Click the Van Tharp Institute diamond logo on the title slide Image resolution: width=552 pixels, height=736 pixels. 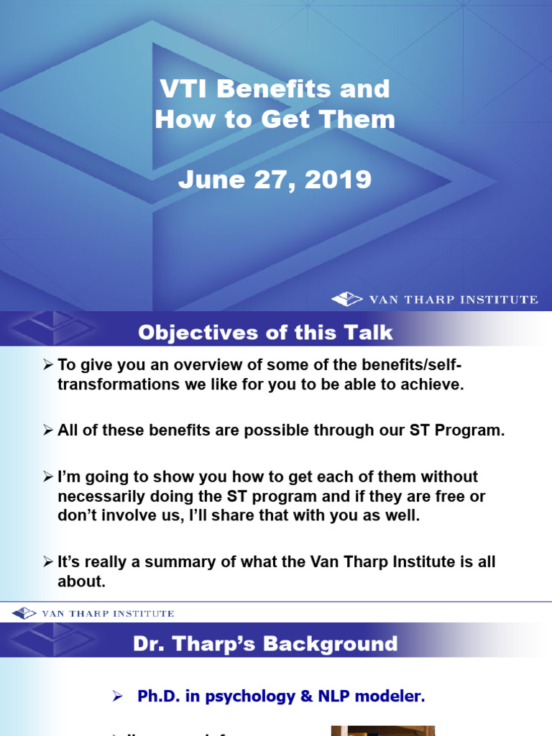pyautogui.click(x=346, y=299)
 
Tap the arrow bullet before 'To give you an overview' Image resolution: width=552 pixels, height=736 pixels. pyautogui.click(x=48, y=366)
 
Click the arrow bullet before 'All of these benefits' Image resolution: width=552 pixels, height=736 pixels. pyautogui.click(x=48, y=431)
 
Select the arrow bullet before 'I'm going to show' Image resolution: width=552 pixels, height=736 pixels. pyautogui.click(x=48, y=477)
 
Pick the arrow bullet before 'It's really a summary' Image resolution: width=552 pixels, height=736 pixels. pyautogui.click(x=48, y=563)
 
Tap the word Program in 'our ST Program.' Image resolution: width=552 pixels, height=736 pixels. pyautogui.click(x=470, y=431)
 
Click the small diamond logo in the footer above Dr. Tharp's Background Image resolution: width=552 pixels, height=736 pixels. pyautogui.click(x=24, y=613)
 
